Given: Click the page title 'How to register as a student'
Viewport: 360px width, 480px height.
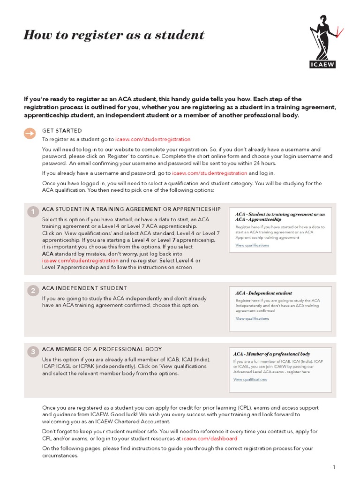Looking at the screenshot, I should pyautogui.click(x=114, y=35).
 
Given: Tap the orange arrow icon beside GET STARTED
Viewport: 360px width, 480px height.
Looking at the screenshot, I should pyautogui.click(x=30, y=134).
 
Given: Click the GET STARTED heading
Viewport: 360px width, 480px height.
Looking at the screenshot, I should pyautogui.click(x=62, y=131).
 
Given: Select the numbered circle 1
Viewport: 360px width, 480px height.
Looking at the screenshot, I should pyautogui.click(x=33, y=212).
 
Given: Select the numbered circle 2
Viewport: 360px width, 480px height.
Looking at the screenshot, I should pyautogui.click(x=33, y=291).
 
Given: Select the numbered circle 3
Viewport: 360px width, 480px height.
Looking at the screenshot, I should pyautogui.click(x=33, y=352).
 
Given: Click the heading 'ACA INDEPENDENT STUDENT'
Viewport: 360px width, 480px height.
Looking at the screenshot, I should pyautogui.click(x=84, y=288).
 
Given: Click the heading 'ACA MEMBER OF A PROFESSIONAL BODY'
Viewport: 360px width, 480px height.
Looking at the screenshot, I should pyautogui.click(x=102, y=349).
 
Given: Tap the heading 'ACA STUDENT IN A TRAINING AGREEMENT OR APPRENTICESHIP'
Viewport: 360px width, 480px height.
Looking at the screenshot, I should pyautogui.click(x=131, y=209).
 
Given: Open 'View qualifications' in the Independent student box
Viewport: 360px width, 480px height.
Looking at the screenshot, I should pyautogui.click(x=252, y=319).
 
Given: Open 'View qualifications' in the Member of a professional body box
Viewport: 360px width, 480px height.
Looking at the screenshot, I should pyautogui.click(x=250, y=380).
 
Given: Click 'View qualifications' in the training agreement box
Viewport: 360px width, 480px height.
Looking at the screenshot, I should pyautogui.click(x=252, y=245).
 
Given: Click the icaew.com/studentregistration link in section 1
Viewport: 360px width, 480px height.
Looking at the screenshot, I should pyautogui.click(x=80, y=260).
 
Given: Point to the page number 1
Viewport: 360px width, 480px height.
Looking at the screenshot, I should pyautogui.click(x=334, y=467).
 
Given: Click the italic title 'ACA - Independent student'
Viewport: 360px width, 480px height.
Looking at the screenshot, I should pyautogui.click(x=263, y=293).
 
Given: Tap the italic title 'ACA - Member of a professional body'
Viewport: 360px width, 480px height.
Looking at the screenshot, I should pyautogui.click(x=271, y=354).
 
